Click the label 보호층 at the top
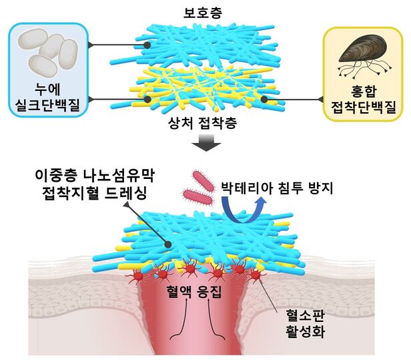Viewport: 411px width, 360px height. click(205, 11)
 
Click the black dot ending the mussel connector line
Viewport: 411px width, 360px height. click(264, 99)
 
